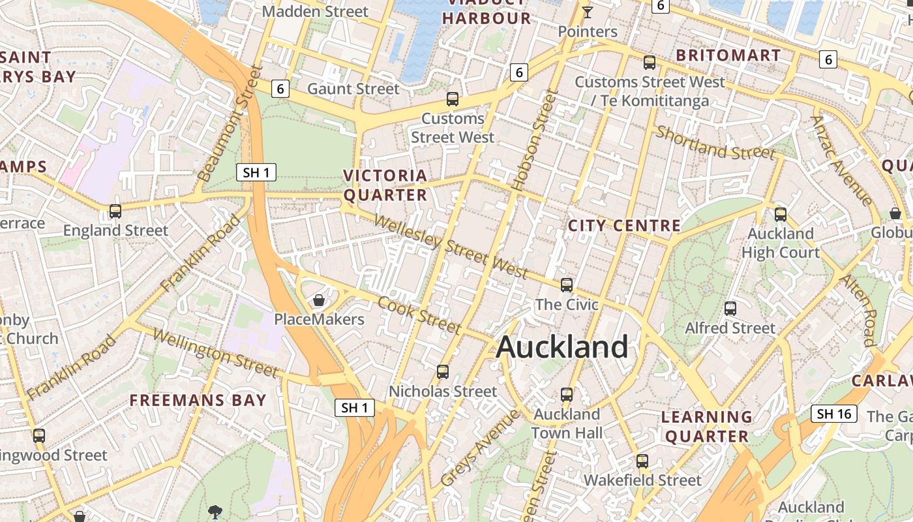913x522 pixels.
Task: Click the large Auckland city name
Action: click(562, 346)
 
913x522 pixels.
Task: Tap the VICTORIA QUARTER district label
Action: click(385, 185)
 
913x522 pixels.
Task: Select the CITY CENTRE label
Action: click(624, 226)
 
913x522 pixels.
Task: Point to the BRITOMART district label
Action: click(728, 55)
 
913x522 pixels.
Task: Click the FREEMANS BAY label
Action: click(198, 400)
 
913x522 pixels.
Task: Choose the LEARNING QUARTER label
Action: click(707, 426)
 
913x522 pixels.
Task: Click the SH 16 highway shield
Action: click(834, 414)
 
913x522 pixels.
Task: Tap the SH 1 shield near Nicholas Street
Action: click(355, 408)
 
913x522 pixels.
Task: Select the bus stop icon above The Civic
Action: click(567, 285)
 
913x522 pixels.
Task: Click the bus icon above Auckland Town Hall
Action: click(567, 395)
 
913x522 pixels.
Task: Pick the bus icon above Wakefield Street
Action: click(642, 461)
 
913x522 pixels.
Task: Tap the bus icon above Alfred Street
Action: click(730, 309)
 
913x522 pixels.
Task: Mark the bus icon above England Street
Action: click(115, 211)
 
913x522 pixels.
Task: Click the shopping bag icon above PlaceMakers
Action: click(319, 300)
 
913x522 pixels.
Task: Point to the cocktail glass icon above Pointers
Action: click(588, 12)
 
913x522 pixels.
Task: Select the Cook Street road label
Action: click(419, 315)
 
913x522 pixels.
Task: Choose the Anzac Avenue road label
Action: click(841, 161)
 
